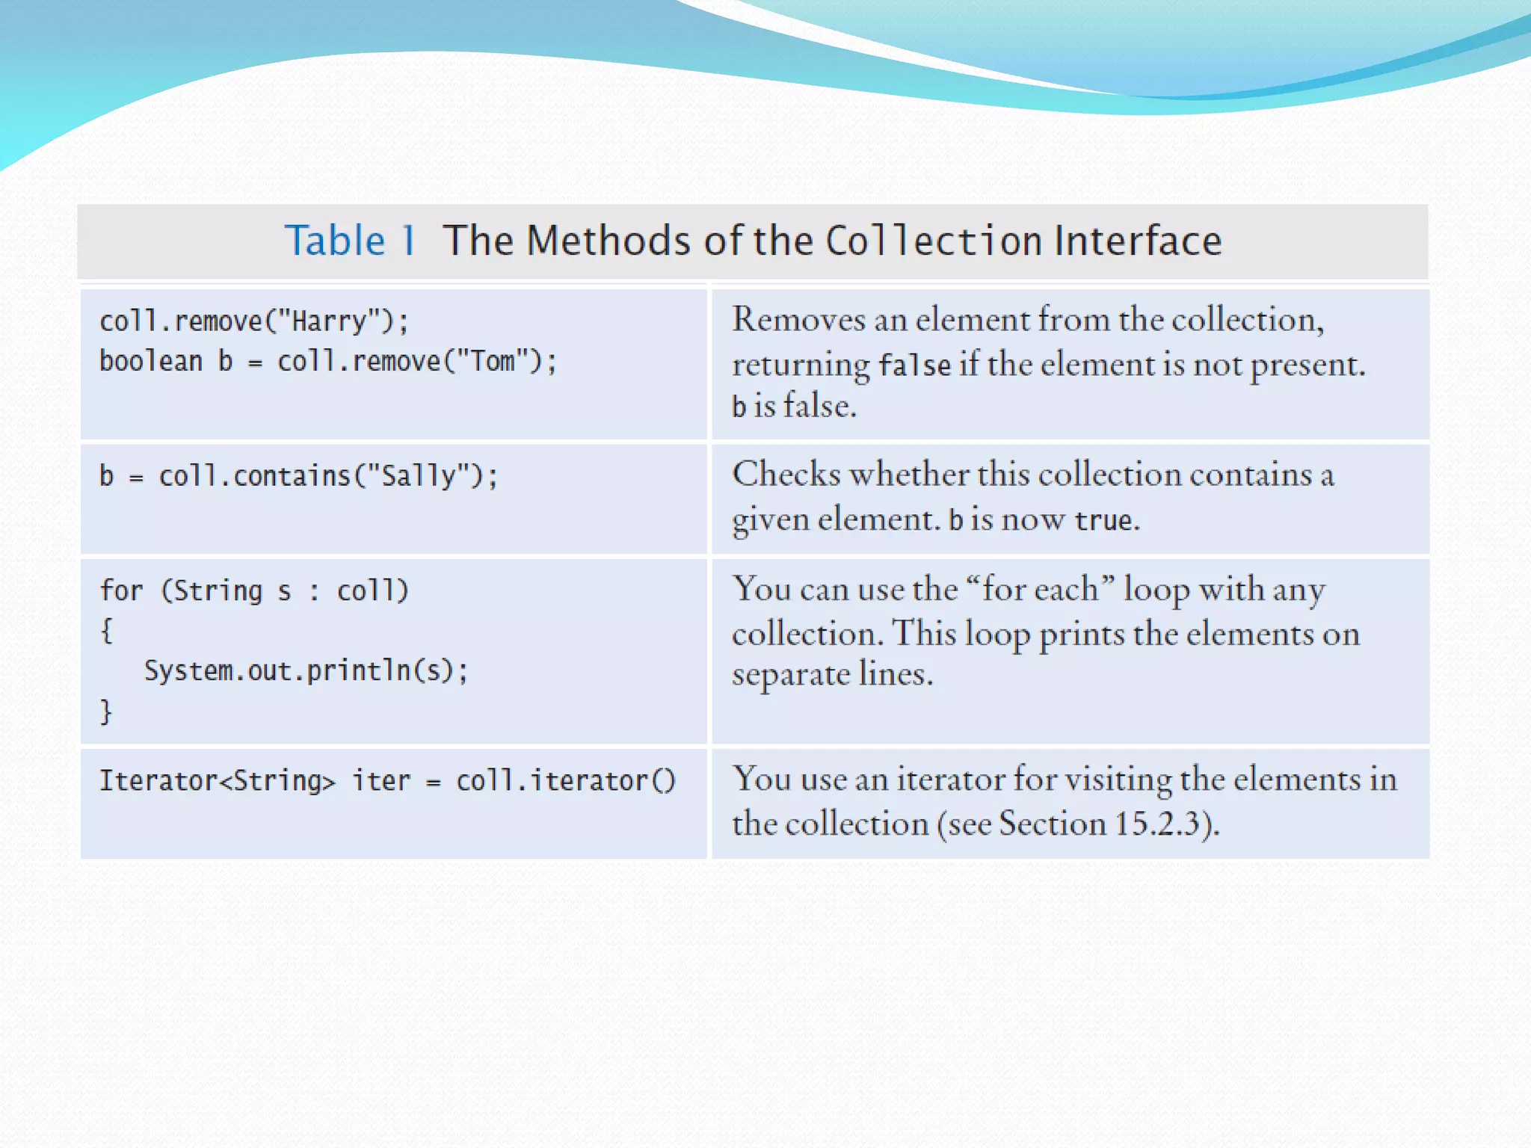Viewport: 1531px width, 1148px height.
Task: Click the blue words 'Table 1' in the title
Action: pyautogui.click(x=350, y=241)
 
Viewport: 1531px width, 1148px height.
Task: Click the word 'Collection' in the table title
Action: pyautogui.click(x=934, y=241)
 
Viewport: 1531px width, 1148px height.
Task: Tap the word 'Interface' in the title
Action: pyautogui.click(x=1138, y=241)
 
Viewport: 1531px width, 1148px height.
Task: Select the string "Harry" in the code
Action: pyautogui.click(x=330, y=321)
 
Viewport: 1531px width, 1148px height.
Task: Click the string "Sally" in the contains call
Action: pyautogui.click(x=419, y=476)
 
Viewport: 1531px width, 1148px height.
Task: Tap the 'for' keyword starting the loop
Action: pyautogui.click(x=121, y=590)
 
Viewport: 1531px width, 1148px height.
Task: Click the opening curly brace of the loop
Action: pyautogui.click(x=106, y=631)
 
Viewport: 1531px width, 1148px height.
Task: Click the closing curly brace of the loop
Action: pyautogui.click(x=106, y=711)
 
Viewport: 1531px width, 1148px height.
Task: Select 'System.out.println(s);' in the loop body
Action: pyautogui.click(x=306, y=670)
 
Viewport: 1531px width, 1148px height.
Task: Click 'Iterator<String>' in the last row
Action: pyautogui.click(x=218, y=781)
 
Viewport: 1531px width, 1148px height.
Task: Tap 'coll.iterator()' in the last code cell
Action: pyautogui.click(x=566, y=781)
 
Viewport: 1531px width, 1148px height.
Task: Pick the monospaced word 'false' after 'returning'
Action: pyautogui.click(x=914, y=365)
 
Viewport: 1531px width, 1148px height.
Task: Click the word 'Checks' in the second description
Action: pyautogui.click(x=786, y=475)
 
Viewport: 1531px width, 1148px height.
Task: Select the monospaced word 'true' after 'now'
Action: pyautogui.click(x=1103, y=520)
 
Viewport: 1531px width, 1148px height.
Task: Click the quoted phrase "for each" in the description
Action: pyautogui.click(x=1041, y=590)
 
